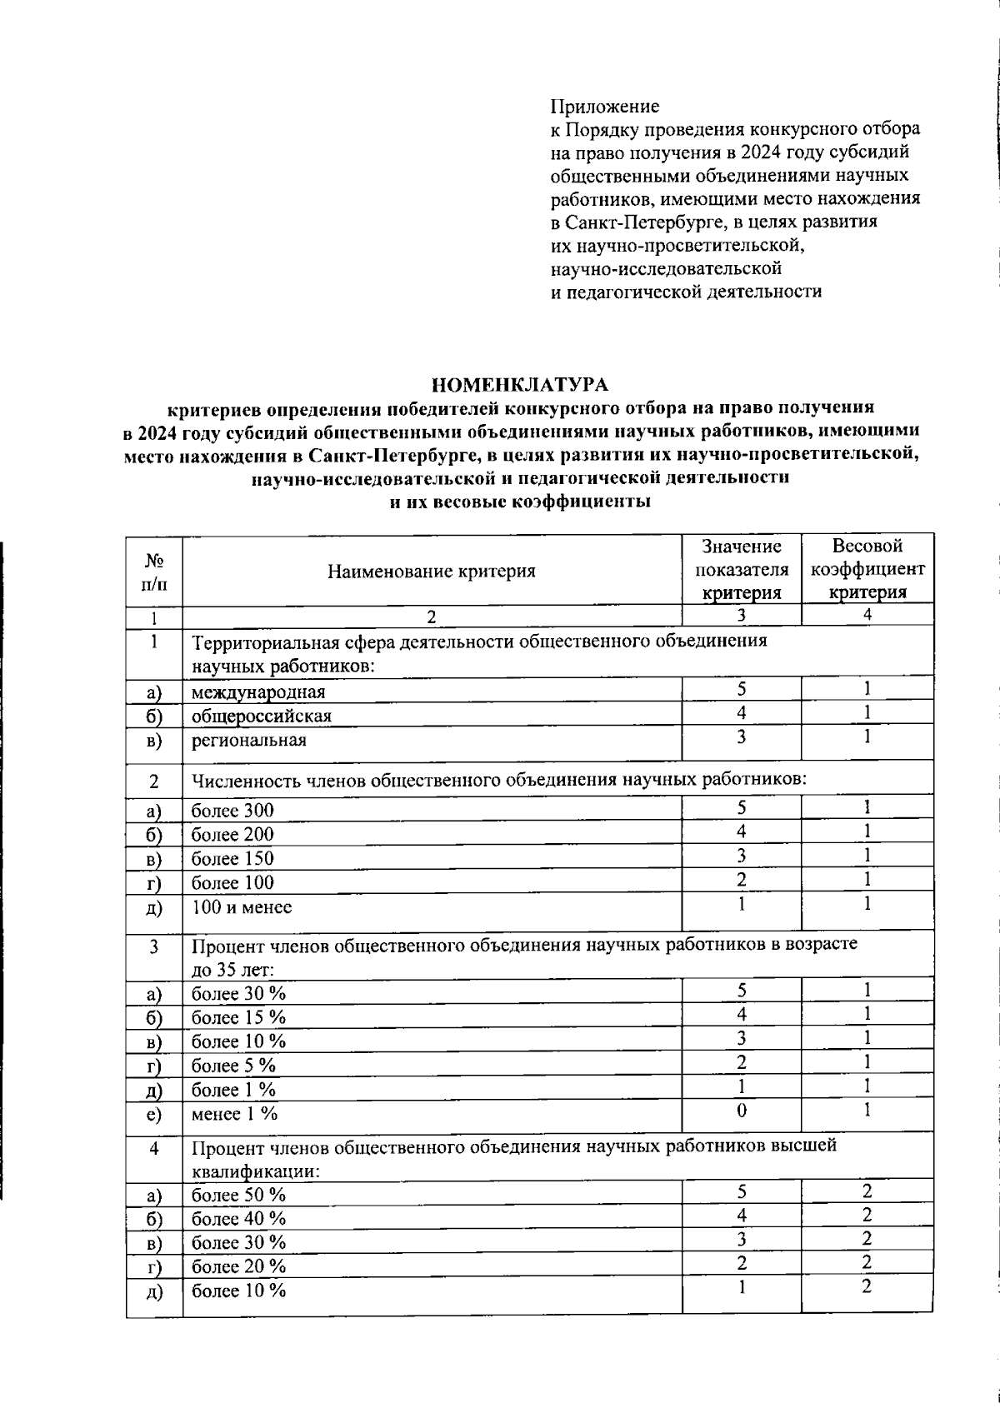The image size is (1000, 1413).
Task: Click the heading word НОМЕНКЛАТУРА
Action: (x=520, y=385)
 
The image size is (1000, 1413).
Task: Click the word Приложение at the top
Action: (x=604, y=107)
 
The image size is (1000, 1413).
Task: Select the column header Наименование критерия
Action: (x=431, y=571)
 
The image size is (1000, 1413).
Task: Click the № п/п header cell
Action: (x=154, y=571)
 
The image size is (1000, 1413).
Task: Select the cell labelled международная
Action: (x=258, y=692)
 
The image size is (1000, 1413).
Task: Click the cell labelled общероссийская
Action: (x=262, y=716)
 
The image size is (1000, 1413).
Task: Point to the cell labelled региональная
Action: (x=249, y=741)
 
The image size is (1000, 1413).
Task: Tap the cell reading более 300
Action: (x=232, y=811)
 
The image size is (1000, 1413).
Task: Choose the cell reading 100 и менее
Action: (x=242, y=907)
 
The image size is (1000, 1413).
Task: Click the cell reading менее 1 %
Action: (x=235, y=1114)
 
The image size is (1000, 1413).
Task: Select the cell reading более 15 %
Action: (x=239, y=1017)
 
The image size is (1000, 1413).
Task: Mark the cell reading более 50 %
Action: (x=239, y=1195)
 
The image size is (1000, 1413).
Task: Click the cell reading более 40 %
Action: (x=239, y=1219)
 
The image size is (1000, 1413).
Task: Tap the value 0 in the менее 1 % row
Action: (x=742, y=1111)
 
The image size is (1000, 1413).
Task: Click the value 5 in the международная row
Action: (x=742, y=688)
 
